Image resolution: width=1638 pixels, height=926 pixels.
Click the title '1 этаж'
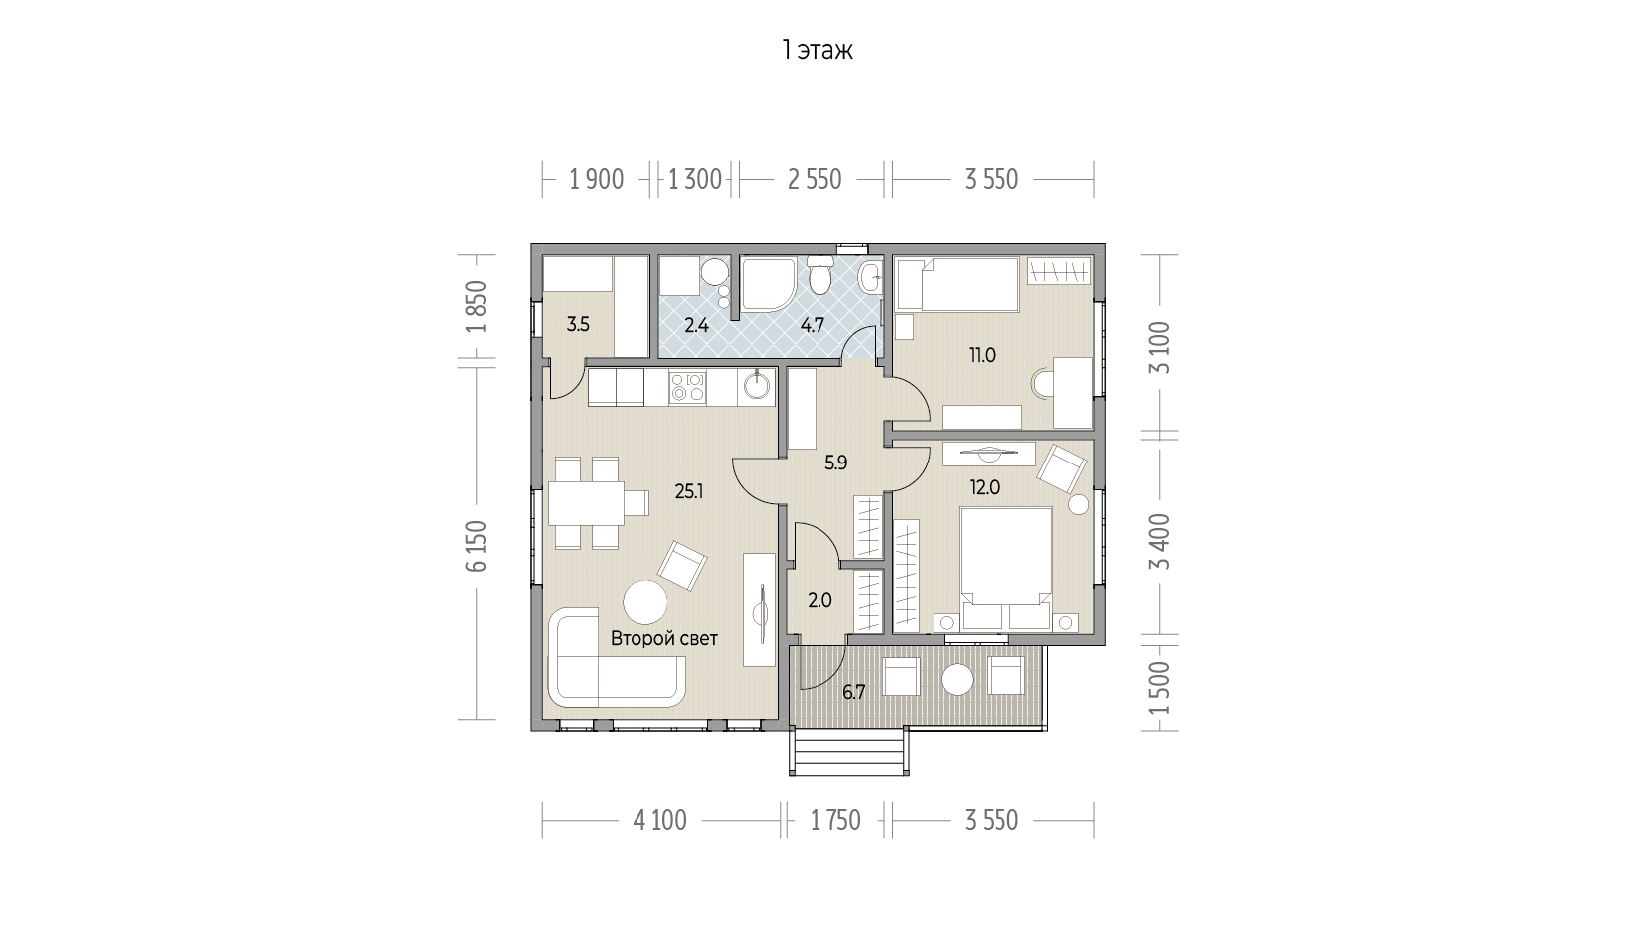tap(817, 51)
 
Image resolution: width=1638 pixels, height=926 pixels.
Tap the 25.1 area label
tap(689, 492)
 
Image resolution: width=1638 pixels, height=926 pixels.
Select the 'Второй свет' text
tap(664, 639)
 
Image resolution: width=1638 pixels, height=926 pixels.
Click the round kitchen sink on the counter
tap(756, 385)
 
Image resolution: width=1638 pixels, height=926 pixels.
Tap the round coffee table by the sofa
tap(645, 602)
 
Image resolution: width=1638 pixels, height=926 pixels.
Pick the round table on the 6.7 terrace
tap(957, 679)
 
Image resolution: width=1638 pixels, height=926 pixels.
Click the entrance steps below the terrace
tap(849, 751)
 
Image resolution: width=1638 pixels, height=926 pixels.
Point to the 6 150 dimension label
tap(478, 546)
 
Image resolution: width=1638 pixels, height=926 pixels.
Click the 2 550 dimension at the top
tap(814, 180)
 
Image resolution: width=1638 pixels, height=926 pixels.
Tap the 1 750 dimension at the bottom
tap(835, 821)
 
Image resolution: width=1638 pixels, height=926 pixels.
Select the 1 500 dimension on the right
tap(1160, 688)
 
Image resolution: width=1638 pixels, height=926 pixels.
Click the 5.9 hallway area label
tap(835, 463)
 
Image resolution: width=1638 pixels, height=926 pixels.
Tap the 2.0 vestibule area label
tap(819, 601)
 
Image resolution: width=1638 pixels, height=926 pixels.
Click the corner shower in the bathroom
tap(767, 282)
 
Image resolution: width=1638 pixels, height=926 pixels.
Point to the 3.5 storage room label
tap(578, 325)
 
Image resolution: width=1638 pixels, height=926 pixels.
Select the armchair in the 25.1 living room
tap(682, 565)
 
